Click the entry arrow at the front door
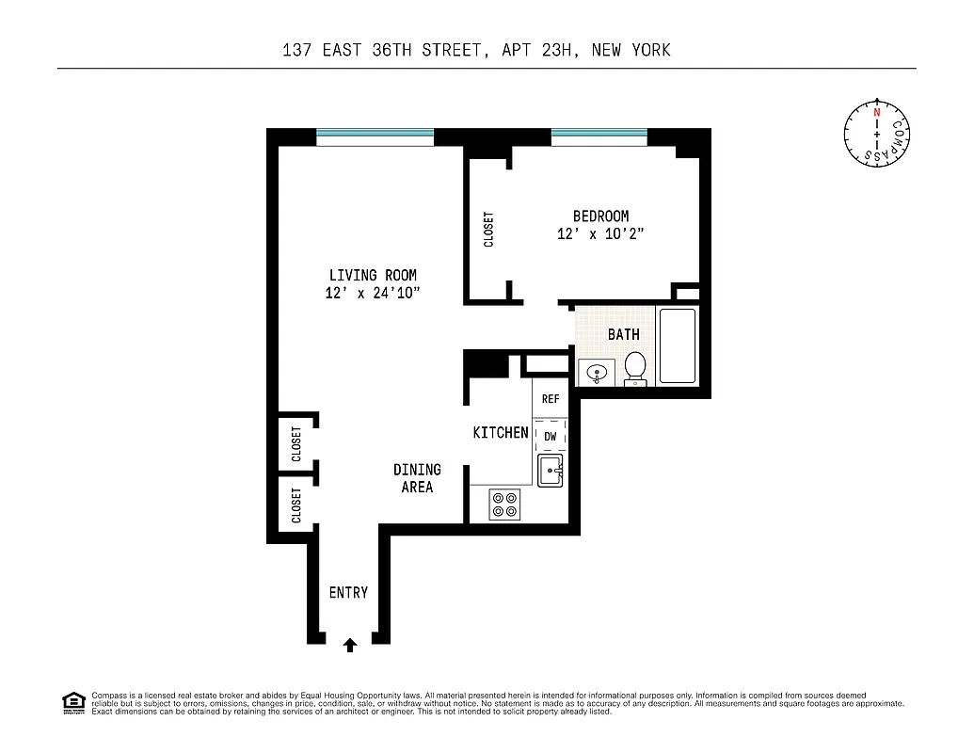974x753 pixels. pyautogui.click(x=350, y=645)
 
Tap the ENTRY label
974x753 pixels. pyautogui.click(x=348, y=592)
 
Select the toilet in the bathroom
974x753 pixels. pyautogui.click(x=635, y=368)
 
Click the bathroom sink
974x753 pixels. pyautogui.click(x=597, y=374)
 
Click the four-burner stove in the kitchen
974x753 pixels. pyautogui.click(x=505, y=505)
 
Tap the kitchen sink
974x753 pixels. pyautogui.click(x=550, y=469)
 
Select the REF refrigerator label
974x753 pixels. pyautogui.click(x=551, y=399)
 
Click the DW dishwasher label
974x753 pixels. pyautogui.click(x=551, y=437)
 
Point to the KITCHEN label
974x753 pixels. pyautogui.click(x=501, y=432)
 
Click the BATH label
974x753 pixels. pyautogui.click(x=623, y=334)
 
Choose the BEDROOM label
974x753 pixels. pyautogui.click(x=600, y=216)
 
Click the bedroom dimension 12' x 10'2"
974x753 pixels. pyautogui.click(x=600, y=234)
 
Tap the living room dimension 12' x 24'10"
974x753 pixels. pyautogui.click(x=373, y=293)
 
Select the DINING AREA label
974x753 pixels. pyautogui.click(x=417, y=478)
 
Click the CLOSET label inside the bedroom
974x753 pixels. pyautogui.click(x=488, y=229)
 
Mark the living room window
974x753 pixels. pyautogui.click(x=375, y=137)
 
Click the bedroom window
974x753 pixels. pyautogui.click(x=599, y=137)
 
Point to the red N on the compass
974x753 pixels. pyautogui.click(x=877, y=112)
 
